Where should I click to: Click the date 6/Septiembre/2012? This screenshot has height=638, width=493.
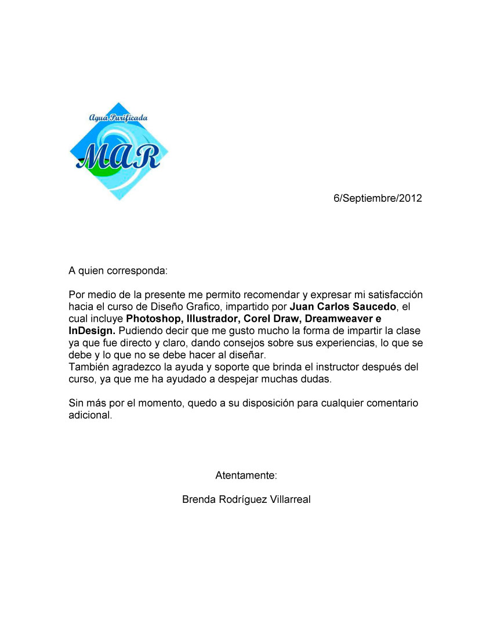378,198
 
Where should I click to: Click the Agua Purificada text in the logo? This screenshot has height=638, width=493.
118,118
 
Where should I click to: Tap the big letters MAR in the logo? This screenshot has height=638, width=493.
118,155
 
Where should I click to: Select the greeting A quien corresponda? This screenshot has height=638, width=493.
118,270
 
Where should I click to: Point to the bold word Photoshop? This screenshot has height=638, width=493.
152,319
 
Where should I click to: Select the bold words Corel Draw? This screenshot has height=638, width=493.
271,319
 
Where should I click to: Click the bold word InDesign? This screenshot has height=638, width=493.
92,331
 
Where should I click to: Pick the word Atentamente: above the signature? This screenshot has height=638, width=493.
246,476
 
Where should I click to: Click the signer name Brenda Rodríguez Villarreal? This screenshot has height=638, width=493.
246,499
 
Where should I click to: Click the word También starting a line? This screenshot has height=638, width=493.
88,367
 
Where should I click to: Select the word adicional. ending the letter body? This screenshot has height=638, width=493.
90,416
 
